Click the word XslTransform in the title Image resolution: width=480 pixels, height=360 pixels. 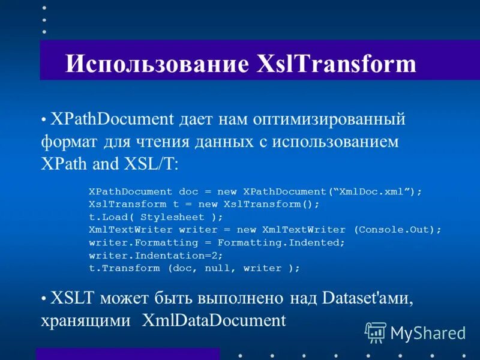(337, 64)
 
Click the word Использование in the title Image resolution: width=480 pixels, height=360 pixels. (155, 64)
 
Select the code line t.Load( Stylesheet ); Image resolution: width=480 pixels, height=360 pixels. (155, 217)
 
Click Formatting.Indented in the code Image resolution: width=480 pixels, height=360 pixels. (281, 242)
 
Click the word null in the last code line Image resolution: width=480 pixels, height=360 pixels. (217, 268)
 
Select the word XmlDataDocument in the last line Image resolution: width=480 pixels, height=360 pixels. (214, 319)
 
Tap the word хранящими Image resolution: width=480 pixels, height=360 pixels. (86, 319)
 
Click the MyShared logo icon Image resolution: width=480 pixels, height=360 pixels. (376, 332)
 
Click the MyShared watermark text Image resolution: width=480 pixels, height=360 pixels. (428, 332)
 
